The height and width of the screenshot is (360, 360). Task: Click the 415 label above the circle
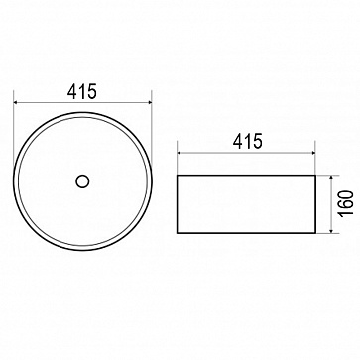point(82,92)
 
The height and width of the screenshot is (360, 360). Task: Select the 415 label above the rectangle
point(248,141)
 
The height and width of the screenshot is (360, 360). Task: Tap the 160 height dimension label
point(346,203)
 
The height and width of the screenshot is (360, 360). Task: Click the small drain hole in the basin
point(82,181)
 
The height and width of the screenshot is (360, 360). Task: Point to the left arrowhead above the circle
point(17,103)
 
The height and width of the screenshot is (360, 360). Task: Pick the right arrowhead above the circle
point(148,103)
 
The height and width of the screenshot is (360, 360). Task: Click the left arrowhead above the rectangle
point(180,153)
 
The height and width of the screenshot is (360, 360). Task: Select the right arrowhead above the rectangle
point(311,153)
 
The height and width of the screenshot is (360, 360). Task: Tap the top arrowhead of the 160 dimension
point(331,179)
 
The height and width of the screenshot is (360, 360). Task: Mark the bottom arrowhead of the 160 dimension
point(331,230)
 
